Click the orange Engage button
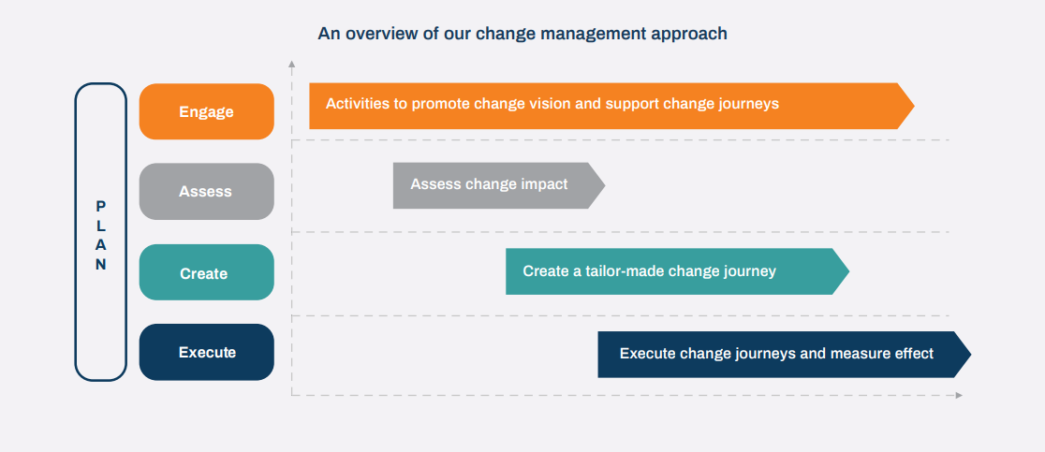[x=206, y=111]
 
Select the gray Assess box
[x=206, y=191]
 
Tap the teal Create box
[x=206, y=273]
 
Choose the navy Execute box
[x=206, y=353]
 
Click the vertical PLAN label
[x=101, y=234]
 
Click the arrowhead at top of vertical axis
[x=292, y=66]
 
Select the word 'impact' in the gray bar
[x=544, y=184]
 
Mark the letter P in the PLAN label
[x=101, y=206]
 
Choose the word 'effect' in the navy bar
[x=912, y=354]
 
